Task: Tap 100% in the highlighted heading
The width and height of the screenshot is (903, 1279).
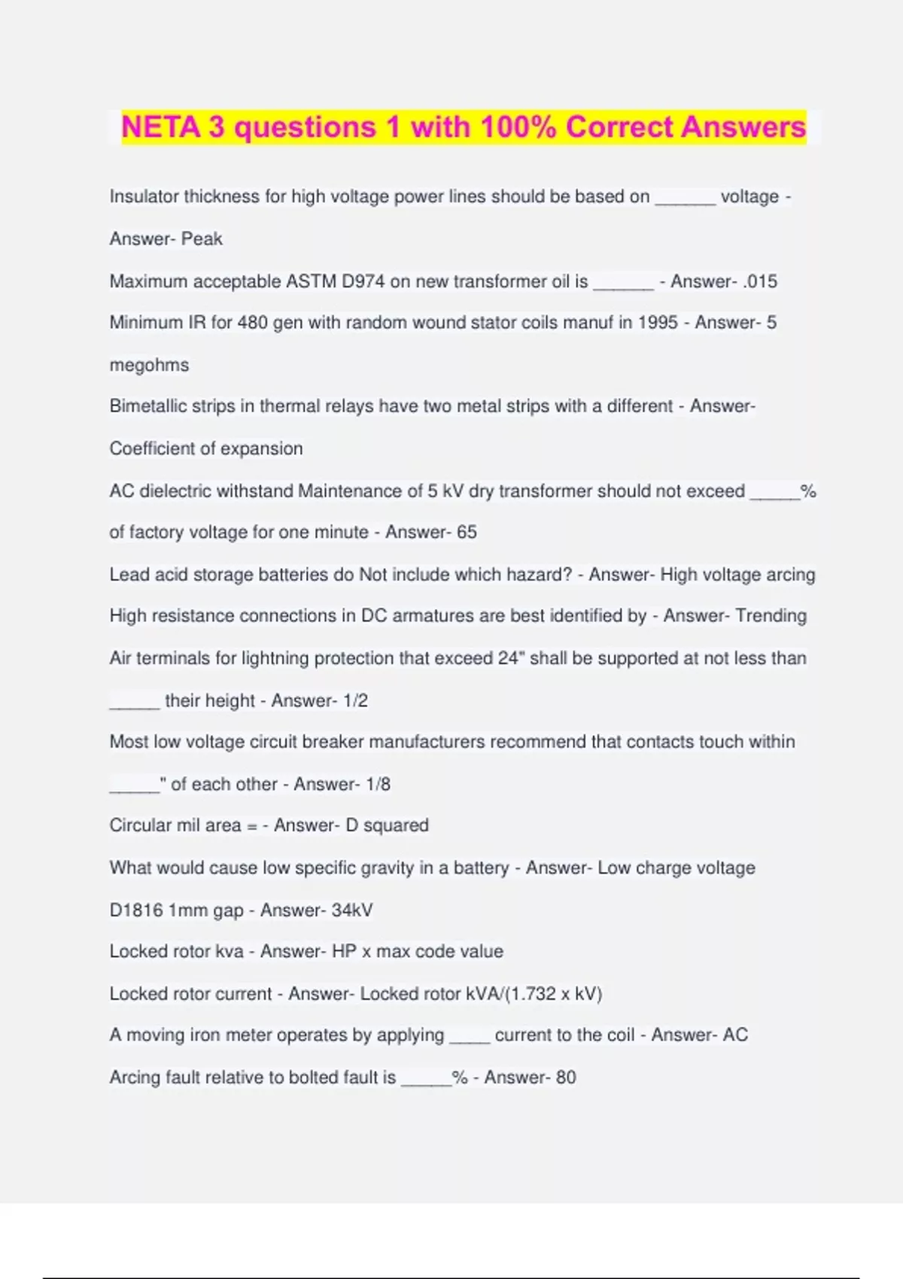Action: pos(518,127)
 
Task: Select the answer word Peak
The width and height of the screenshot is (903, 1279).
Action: pos(202,239)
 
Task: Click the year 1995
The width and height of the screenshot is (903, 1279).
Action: pos(658,323)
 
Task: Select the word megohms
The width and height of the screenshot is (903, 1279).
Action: pos(149,366)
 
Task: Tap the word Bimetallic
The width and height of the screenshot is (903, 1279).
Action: pos(147,406)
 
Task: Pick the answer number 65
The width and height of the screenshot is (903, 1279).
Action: pos(467,532)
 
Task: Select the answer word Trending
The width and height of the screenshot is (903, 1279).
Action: pos(771,616)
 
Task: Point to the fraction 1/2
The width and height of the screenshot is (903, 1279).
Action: pos(355,700)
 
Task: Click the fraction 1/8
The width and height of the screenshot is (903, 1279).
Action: pos(378,784)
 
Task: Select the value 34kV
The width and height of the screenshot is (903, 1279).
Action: pos(351,910)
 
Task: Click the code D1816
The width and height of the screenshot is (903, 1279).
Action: pos(136,910)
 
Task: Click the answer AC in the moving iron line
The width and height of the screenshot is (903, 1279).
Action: pos(735,1035)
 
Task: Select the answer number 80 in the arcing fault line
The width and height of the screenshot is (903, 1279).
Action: pos(566,1077)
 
